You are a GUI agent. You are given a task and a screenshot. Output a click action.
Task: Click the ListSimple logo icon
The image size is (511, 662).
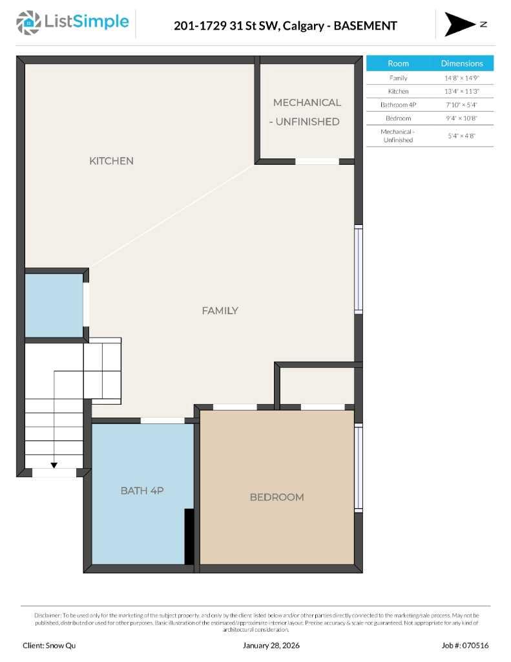(x=28, y=23)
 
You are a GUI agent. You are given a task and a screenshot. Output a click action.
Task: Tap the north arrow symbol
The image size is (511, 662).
(x=459, y=24)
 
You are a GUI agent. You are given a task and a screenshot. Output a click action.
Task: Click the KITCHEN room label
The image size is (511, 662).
(x=111, y=161)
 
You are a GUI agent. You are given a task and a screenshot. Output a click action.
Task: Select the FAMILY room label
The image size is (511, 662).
(x=220, y=311)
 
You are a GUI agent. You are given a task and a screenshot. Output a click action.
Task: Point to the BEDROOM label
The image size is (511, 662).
(x=276, y=497)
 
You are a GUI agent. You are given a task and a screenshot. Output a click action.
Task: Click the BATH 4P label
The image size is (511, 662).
(x=142, y=491)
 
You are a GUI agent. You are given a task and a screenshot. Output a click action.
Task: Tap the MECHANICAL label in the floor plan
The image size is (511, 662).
(x=307, y=103)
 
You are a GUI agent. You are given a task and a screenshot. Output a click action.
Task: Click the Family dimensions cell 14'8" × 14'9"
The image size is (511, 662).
(x=461, y=78)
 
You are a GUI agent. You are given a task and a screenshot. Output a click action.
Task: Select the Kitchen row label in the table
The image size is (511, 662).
(x=398, y=91)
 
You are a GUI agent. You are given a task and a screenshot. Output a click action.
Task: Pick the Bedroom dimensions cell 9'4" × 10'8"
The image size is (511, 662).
(x=461, y=118)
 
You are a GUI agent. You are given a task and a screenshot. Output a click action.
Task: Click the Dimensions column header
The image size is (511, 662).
(x=461, y=63)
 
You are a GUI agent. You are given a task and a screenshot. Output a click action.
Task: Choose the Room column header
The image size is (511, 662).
(x=398, y=63)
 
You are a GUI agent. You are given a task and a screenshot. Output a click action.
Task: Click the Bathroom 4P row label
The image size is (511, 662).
(x=398, y=105)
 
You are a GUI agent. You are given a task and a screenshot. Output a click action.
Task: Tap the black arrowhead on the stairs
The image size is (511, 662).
(x=54, y=465)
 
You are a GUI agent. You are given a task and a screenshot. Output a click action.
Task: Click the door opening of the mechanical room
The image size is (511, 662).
(x=317, y=162)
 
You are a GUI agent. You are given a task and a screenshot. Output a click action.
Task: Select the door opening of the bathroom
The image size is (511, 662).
(x=162, y=421)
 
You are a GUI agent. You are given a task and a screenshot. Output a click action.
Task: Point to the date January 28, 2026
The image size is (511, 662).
(x=271, y=645)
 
